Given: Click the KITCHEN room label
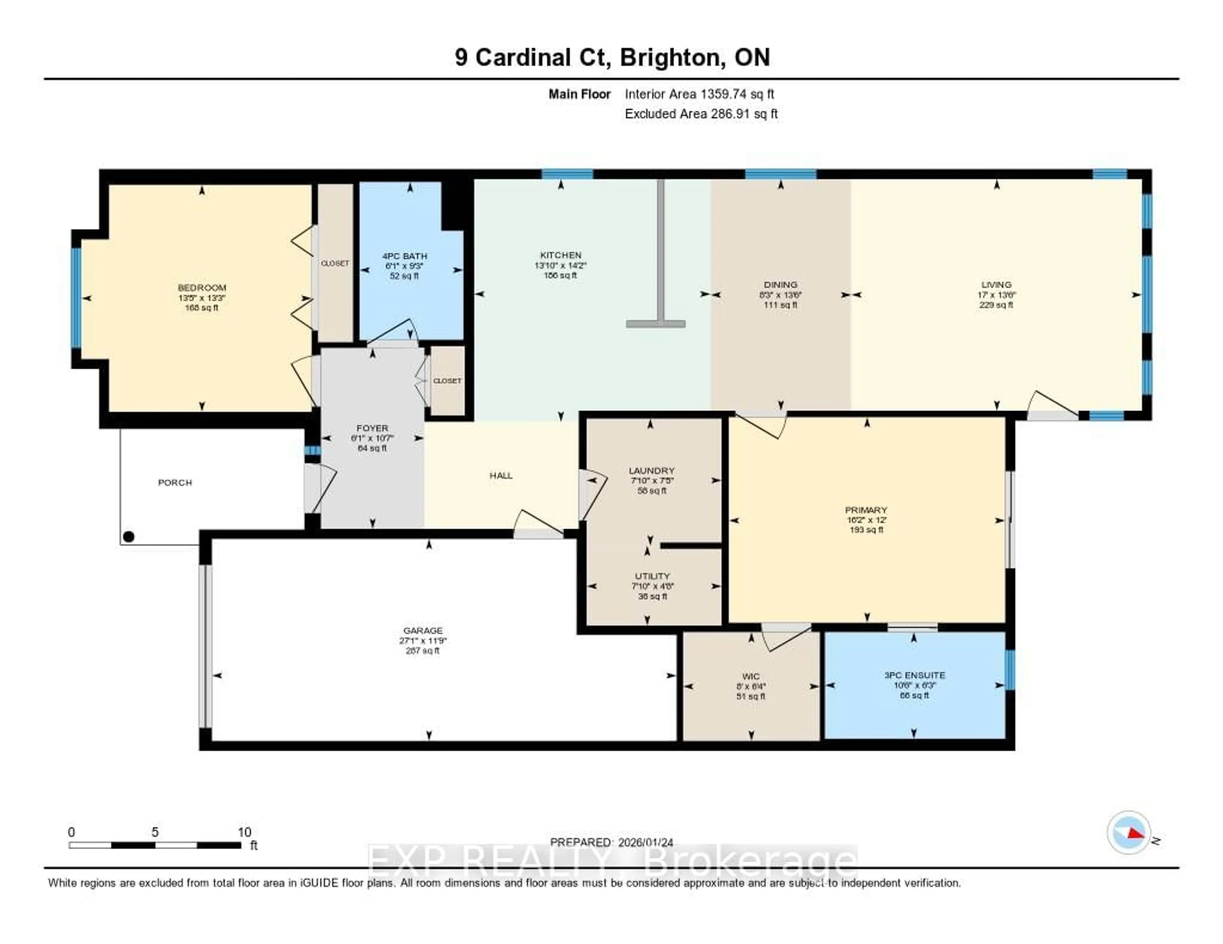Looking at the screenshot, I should pyautogui.click(x=561, y=255).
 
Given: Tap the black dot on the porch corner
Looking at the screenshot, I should pyautogui.click(x=129, y=537).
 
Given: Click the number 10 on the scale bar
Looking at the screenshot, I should pyautogui.click(x=244, y=832).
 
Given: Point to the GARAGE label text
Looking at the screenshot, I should pyautogui.click(x=423, y=631).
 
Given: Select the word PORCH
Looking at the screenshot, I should pyautogui.click(x=175, y=483).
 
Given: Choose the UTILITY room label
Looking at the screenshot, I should pyautogui.click(x=652, y=576).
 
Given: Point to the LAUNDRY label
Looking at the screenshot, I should pyautogui.click(x=651, y=471).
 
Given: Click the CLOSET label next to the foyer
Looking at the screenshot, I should pyautogui.click(x=447, y=381).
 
